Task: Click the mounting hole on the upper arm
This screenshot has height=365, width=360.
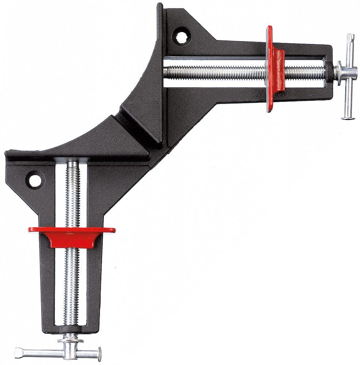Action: pyautogui.click(x=181, y=36)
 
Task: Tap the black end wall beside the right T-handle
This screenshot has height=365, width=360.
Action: pyautogui.click(x=327, y=66)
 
